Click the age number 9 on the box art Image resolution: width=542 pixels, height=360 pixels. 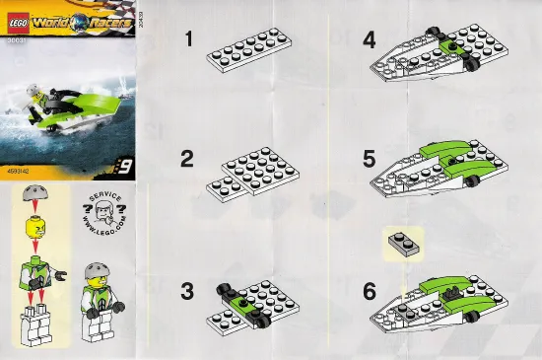(124, 167)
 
